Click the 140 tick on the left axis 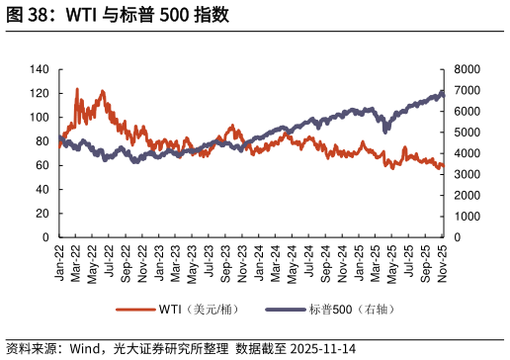(x=40, y=69)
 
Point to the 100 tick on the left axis (x=40, y=118)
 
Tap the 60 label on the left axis (x=42, y=165)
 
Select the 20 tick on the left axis (x=42, y=214)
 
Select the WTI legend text (x=199, y=310)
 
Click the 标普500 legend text (x=351, y=310)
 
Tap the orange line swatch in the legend (x=135, y=310)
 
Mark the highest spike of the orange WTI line (x=77, y=89)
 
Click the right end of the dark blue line (x=443, y=92)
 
